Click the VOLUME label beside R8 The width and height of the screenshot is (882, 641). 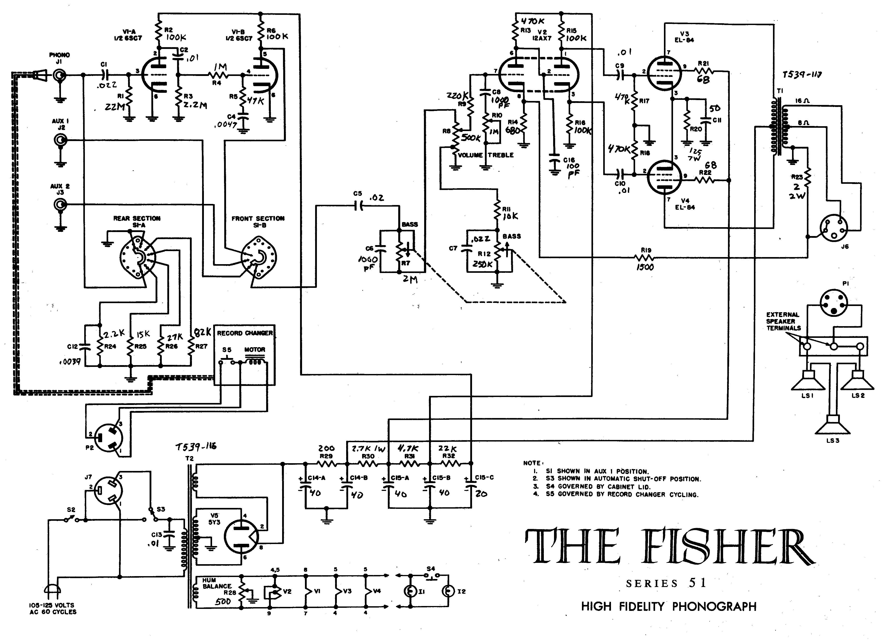point(470,155)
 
